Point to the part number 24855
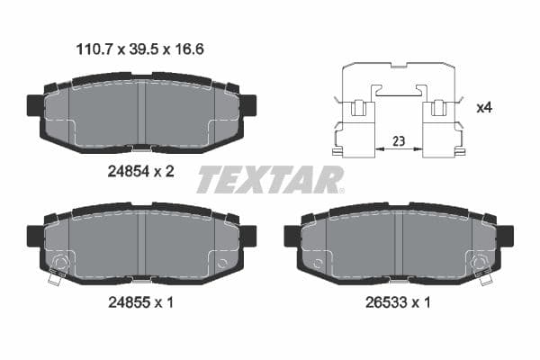[127, 302]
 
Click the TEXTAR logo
[270, 179]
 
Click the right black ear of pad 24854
[247, 105]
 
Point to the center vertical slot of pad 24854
[141, 112]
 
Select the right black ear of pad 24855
[247, 235]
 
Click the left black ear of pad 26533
[292, 235]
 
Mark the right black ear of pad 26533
[506, 235]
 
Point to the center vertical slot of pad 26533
[399, 243]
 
